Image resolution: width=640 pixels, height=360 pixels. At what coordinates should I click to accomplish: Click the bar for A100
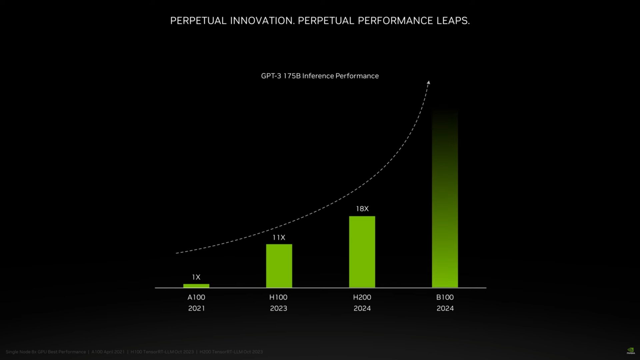tap(196, 286)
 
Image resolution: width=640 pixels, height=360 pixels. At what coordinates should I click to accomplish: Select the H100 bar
tap(279, 266)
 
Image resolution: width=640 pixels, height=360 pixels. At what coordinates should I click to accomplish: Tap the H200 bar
tap(362, 252)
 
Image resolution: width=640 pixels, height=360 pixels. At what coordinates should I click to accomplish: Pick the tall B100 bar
tap(445, 200)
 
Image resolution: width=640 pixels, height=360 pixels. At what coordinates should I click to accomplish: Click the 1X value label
tap(196, 277)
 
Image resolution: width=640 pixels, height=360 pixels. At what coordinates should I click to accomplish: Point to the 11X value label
tap(279, 237)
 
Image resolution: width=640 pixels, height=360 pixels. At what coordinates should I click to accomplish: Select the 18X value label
tap(362, 209)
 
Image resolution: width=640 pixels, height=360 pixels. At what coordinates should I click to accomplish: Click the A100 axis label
tap(196, 297)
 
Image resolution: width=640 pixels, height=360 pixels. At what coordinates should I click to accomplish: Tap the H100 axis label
tap(278, 297)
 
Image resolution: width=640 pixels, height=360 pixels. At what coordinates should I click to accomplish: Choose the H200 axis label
tap(362, 297)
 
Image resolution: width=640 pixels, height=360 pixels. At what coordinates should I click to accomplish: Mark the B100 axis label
tap(445, 297)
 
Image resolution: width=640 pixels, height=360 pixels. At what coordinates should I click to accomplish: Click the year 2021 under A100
tap(196, 308)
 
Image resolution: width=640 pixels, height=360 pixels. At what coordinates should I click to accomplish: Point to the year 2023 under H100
tap(278, 308)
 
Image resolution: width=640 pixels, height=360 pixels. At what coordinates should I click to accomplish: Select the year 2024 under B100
tap(445, 308)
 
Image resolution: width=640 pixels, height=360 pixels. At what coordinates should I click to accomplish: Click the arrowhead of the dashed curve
tap(429, 82)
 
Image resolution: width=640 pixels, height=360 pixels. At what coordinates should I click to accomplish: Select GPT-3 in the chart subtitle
tap(271, 76)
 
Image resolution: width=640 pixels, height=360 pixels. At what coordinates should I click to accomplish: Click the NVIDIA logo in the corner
tap(631, 351)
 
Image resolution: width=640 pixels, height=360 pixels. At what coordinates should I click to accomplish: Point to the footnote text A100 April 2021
tap(108, 352)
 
